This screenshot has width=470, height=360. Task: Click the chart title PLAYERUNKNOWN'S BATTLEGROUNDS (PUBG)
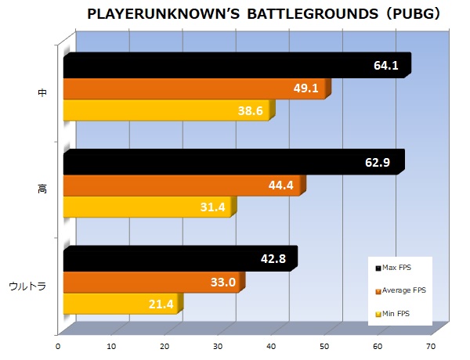pos(263,14)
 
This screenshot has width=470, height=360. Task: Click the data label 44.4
pos(281,185)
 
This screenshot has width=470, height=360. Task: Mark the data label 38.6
pos(250,111)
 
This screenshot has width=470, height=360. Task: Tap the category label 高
pos(42,189)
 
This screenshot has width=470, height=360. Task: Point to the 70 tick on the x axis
pos(431,344)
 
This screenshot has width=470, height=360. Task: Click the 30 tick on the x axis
pos(219,344)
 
